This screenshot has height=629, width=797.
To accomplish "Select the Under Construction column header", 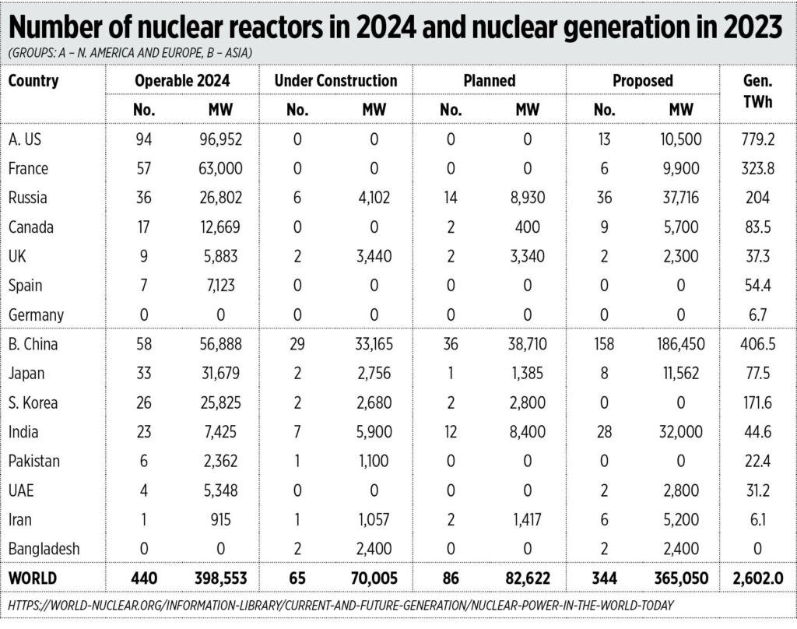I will click(335, 80).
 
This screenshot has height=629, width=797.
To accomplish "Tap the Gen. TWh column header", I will click(753, 92).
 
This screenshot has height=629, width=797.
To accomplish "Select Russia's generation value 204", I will click(753, 197).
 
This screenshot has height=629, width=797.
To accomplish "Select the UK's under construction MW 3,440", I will click(374, 255).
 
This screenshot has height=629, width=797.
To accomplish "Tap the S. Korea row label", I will click(33, 402).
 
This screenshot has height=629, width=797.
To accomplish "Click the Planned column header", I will click(488, 80).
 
